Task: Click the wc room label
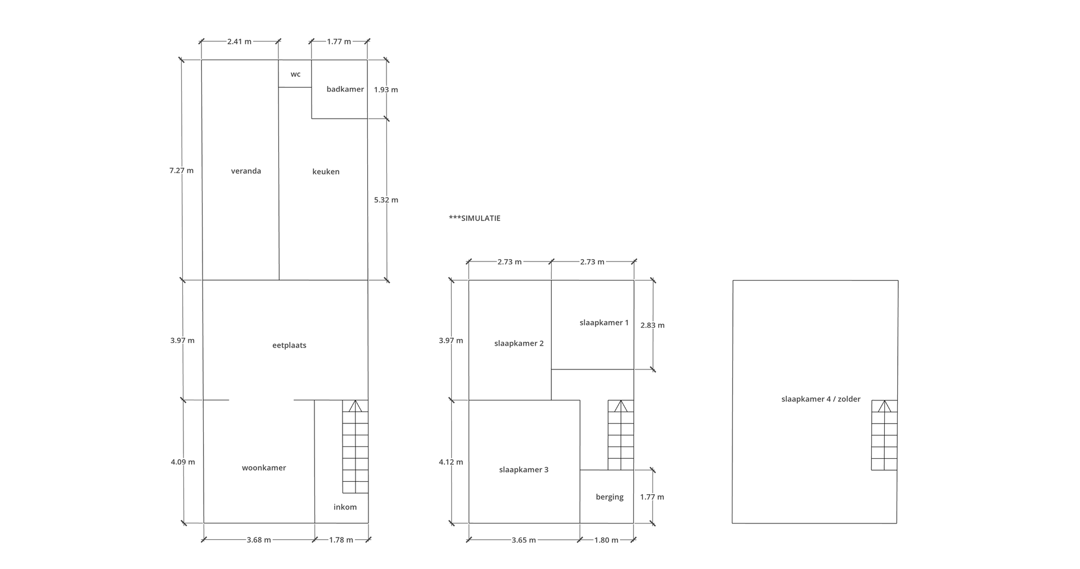pos(295,74)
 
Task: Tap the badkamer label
pos(345,89)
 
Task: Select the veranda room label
pos(246,171)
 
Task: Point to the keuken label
pos(326,171)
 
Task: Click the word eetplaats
pos(289,345)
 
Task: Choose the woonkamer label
pos(264,468)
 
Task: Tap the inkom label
pos(345,507)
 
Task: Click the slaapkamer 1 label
pos(604,323)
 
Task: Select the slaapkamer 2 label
pos(519,344)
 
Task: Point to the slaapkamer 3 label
pos(524,470)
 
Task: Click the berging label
pos(610,497)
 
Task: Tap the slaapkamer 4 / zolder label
pos(821,399)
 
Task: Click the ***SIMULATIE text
pos(475,218)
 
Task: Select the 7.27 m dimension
pos(181,170)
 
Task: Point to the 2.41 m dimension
pos(240,42)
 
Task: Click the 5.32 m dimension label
pos(386,200)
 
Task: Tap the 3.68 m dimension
pos(259,540)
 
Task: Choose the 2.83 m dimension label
pos(652,325)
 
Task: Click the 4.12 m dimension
pos(451,462)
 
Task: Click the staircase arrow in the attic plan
pos(885,406)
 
